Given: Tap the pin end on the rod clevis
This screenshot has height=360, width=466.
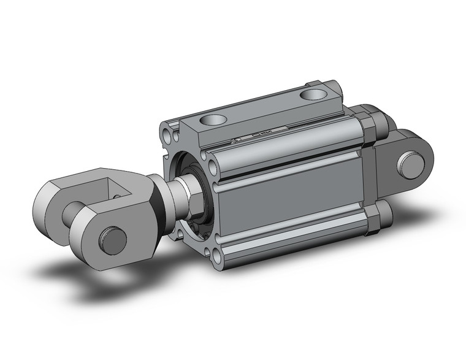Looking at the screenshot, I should coord(112,239).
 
